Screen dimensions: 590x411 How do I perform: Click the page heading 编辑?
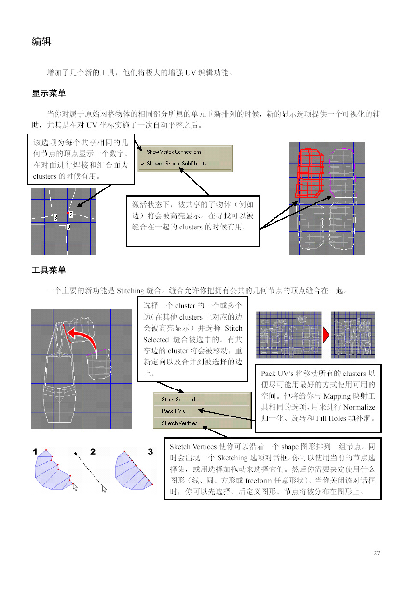pos(41,42)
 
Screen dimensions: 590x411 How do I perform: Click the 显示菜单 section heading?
pos(49,94)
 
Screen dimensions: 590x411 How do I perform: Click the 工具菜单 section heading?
pos(49,270)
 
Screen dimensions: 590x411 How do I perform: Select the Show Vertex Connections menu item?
pos(174,152)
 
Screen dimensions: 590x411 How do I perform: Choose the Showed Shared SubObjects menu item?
pos(177,163)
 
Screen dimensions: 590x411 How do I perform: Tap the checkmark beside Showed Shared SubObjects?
pos(142,163)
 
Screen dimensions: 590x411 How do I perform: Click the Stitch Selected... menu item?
pos(180,399)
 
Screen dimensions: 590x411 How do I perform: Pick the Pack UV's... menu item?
pos(175,411)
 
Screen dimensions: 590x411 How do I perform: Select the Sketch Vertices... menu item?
pos(181,423)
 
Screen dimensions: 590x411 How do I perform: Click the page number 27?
pos(377,553)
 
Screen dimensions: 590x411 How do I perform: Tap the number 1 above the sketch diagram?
pos(35,452)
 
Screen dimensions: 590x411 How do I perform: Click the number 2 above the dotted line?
pos(93,452)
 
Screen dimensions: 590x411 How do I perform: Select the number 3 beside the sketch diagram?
pos(150,452)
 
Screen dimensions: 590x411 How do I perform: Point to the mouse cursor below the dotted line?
pos(105,489)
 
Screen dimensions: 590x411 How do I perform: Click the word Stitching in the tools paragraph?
pos(130,291)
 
